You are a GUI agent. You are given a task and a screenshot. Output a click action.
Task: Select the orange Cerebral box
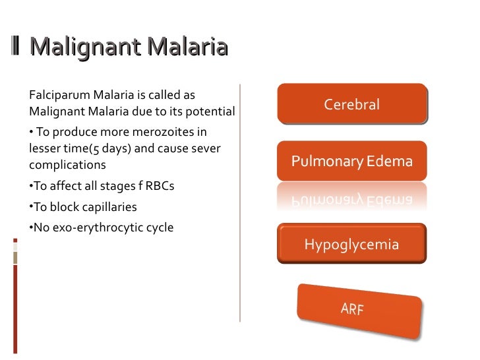pyautogui.click(x=351, y=104)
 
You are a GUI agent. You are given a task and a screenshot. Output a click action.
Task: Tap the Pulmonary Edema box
pyautogui.click(x=351, y=161)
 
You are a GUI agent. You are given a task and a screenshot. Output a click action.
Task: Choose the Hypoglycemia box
pyautogui.click(x=351, y=245)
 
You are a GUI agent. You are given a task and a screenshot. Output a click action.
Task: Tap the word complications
pyautogui.click(x=67, y=164)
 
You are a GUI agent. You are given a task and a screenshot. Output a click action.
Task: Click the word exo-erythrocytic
pyautogui.click(x=98, y=227)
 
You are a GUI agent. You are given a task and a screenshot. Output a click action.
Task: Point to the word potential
pyautogui.click(x=210, y=111)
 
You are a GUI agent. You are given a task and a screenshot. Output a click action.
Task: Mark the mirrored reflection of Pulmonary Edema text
pyautogui.click(x=351, y=198)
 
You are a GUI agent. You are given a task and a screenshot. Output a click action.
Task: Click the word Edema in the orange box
pyautogui.click(x=390, y=161)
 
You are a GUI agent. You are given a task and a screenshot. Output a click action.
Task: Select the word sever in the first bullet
pyautogui.click(x=206, y=148)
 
